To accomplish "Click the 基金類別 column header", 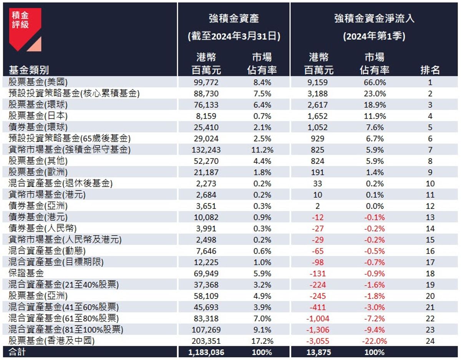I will [28, 70].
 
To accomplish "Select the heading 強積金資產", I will [234, 18].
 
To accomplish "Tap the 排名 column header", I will [430, 70].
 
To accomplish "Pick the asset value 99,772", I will [207, 82].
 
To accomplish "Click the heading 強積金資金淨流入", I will [374, 18].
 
